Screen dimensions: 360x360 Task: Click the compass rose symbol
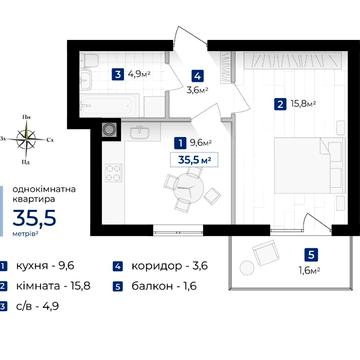point(26,139)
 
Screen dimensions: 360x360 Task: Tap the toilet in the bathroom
point(90,61)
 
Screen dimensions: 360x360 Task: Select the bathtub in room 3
point(109,105)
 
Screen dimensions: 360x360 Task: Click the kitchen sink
point(141,132)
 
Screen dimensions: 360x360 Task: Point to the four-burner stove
point(113,173)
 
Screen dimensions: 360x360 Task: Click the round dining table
point(189,188)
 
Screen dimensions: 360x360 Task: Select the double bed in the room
point(309,166)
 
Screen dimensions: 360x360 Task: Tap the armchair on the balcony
point(265,252)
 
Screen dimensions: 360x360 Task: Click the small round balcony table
point(247,268)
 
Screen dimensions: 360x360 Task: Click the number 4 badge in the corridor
point(197,77)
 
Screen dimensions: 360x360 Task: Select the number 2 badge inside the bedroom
point(280,105)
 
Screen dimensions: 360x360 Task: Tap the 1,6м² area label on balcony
point(310,270)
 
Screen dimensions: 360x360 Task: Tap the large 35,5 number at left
point(34,218)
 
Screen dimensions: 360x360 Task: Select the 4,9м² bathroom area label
point(137,74)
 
